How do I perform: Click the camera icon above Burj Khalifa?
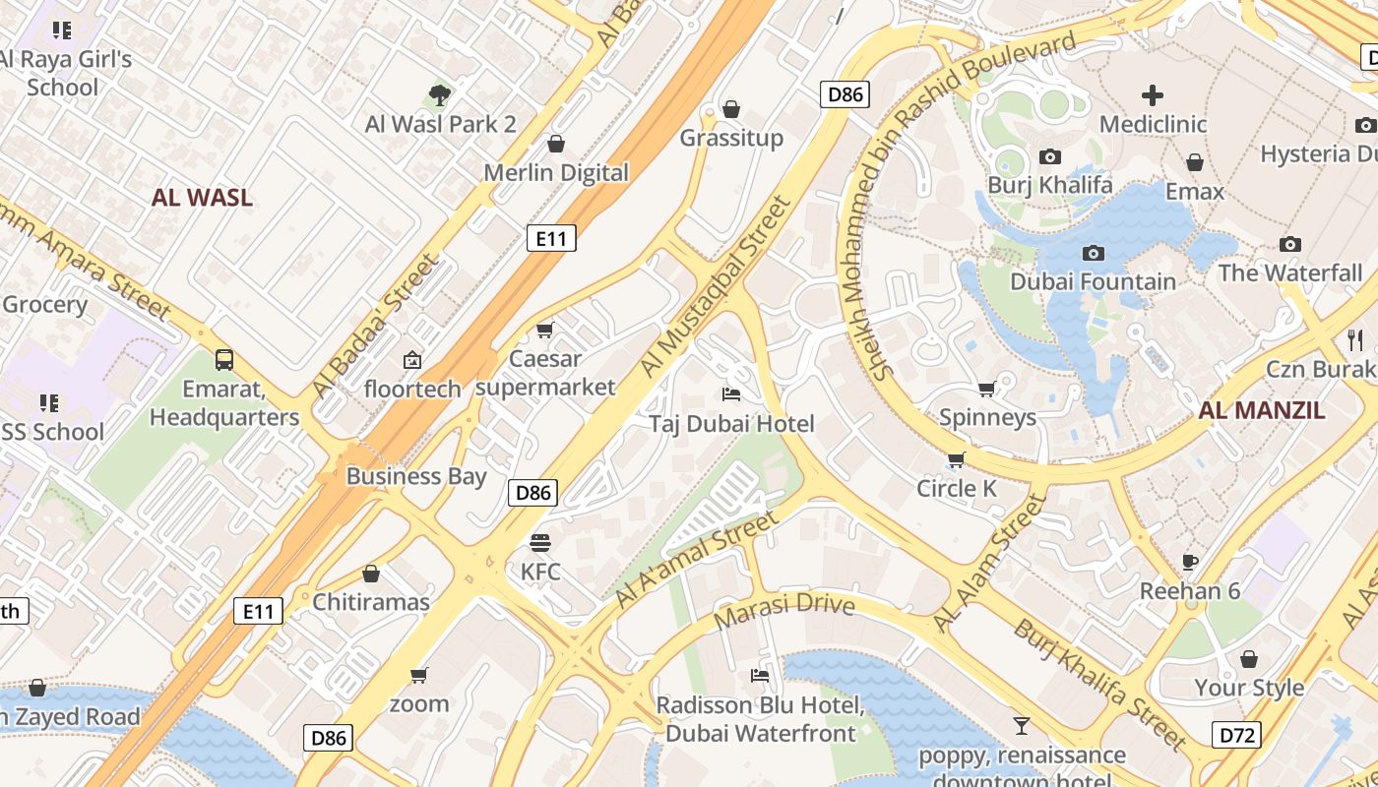[1050, 157]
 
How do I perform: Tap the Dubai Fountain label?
[1093, 281]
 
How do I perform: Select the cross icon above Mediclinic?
[1152, 95]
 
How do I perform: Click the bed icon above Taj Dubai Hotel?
[731, 394]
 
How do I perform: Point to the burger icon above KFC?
[539, 543]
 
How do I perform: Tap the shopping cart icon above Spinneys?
[987, 389]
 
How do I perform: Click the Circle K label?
[957, 488]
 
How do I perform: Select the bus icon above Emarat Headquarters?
[224, 360]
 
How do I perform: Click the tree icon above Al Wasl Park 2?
[440, 95]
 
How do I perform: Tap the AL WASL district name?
[202, 197]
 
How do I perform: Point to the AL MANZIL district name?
[1262, 410]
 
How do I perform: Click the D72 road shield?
[1234, 735]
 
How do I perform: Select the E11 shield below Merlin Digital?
[551, 237]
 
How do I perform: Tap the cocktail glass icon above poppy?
[1022, 726]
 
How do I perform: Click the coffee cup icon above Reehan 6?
[1189, 562]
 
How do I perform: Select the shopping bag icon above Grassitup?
[731, 108]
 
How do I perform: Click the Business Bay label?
[416, 476]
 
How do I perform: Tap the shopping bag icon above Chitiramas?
[371, 574]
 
